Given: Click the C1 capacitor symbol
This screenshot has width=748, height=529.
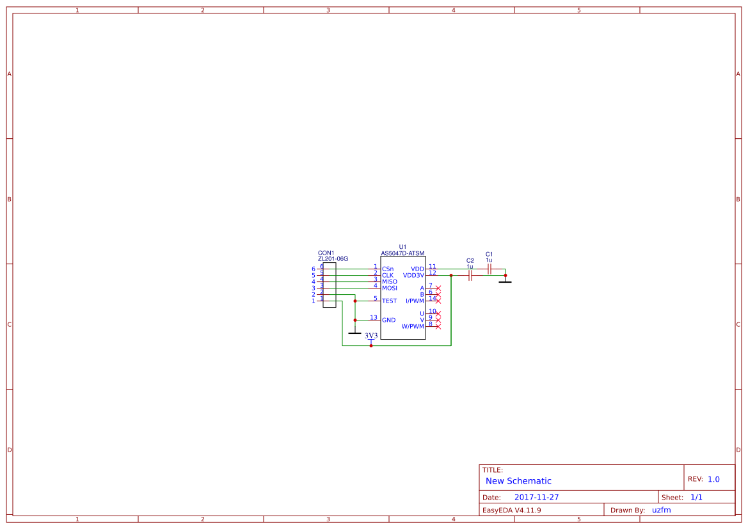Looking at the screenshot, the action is tap(489, 269).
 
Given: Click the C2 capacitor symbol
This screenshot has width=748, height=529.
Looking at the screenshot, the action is tap(470, 276).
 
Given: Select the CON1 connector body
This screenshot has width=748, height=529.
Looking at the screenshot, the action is tap(329, 285).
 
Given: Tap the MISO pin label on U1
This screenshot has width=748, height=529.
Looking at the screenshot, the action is tap(389, 281).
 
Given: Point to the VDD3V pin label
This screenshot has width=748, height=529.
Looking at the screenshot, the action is tap(413, 275).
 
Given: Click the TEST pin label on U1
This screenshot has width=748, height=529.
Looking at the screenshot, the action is tap(389, 301).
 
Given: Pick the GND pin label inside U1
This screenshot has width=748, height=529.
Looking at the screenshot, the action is tap(388, 320).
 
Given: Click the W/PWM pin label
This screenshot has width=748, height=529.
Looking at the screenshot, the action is tap(413, 326).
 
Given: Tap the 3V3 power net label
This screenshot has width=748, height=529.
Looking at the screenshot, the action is tap(371, 336).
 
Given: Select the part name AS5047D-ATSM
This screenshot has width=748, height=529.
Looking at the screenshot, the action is tap(402, 253).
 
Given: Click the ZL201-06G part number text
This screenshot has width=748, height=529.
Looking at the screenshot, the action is tap(333, 259).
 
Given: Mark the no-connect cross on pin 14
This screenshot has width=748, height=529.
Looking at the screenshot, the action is tap(438, 299).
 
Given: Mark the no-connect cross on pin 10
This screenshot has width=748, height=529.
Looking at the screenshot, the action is tap(438, 313).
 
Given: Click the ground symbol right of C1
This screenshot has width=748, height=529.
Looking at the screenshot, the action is tap(505, 281).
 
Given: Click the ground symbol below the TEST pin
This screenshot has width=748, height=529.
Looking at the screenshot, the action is tap(354, 333).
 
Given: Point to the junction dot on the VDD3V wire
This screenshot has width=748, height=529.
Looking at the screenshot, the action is tap(451, 276).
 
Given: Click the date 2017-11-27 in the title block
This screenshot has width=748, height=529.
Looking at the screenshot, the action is tap(536, 497).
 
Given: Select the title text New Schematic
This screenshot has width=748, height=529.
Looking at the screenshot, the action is tap(518, 481).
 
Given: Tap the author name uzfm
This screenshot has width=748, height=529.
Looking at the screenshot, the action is tap(661, 510).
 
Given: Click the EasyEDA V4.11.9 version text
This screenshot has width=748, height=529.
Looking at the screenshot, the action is tap(511, 510).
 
